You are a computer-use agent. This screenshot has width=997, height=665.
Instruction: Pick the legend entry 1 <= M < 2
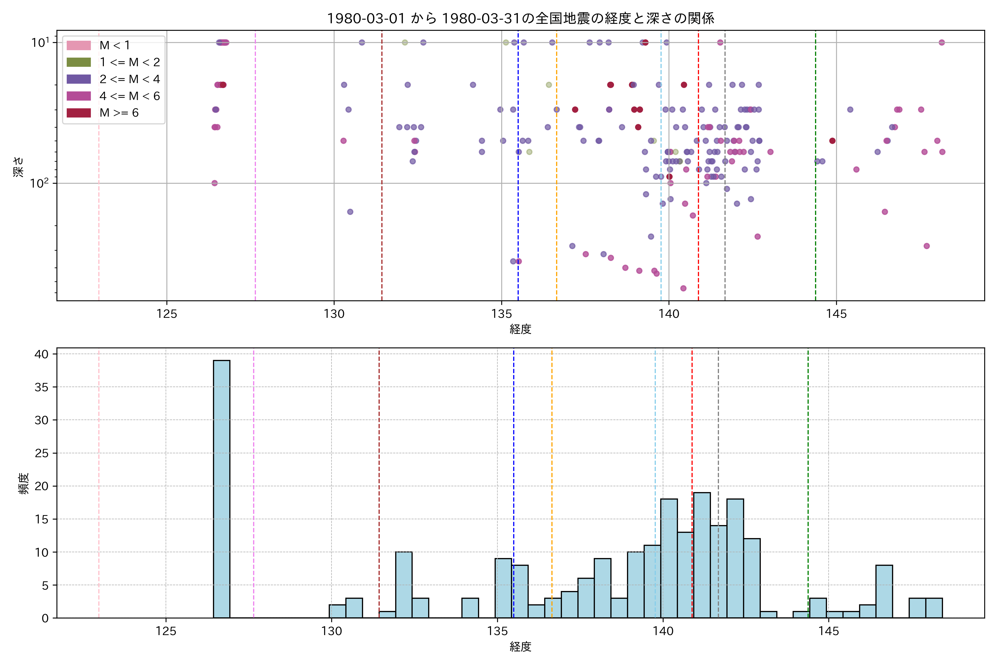click(130, 62)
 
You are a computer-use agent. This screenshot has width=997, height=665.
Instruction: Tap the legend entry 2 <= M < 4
click(130, 79)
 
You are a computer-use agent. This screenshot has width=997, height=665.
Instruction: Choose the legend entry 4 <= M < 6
click(130, 96)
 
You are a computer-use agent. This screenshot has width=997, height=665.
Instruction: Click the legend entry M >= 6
click(119, 113)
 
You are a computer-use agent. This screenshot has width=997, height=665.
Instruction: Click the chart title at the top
click(521, 18)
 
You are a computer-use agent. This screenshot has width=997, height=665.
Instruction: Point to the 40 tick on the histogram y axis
click(42, 354)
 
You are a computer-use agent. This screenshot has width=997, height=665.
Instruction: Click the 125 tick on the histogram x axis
click(166, 631)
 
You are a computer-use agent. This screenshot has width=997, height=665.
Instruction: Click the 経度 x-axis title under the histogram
click(521, 647)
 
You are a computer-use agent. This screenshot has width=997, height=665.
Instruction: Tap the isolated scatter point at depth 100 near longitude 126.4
click(214, 183)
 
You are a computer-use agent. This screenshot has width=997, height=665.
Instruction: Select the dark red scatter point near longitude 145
click(832, 141)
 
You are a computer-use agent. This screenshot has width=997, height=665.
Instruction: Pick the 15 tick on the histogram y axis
click(42, 519)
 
